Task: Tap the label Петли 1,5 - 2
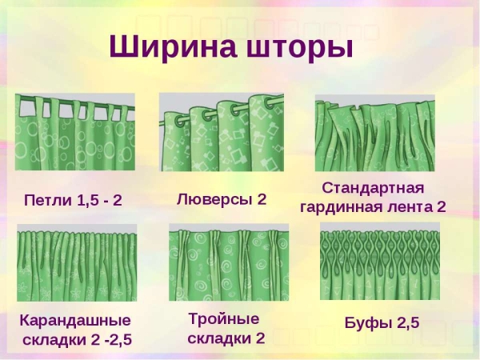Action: click(x=74, y=199)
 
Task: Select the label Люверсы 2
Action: click(x=222, y=198)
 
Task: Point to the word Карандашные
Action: click(x=75, y=321)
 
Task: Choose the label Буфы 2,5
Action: click(x=382, y=323)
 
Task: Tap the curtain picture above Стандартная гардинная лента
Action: click(x=374, y=133)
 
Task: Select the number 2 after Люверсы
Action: click(x=261, y=198)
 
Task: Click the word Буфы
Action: click(x=366, y=323)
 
